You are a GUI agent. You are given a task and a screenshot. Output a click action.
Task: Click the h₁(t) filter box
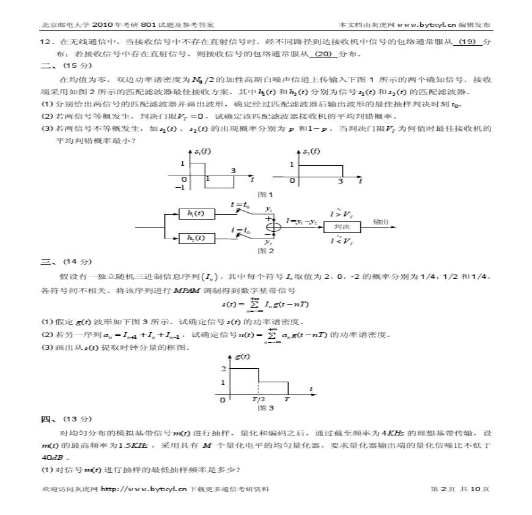click(x=196, y=213)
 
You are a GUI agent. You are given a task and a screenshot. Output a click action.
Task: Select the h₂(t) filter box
click(x=196, y=238)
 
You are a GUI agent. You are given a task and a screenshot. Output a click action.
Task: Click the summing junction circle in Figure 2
click(x=273, y=227)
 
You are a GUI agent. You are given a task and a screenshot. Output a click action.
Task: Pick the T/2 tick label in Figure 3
click(x=259, y=399)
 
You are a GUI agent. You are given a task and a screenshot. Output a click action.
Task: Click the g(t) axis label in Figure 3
click(x=242, y=356)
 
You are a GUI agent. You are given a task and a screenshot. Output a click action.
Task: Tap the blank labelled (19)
click(x=466, y=42)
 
